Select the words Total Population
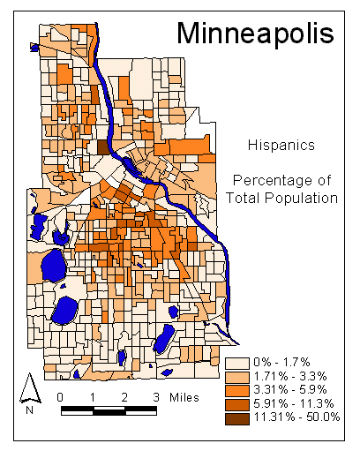coord(281,199)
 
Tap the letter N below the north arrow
coord(30,410)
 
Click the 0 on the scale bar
coord(59,396)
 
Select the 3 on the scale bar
coord(157,396)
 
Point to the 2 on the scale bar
coord(124,396)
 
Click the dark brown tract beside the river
coord(102,147)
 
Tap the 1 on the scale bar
coord(92,396)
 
